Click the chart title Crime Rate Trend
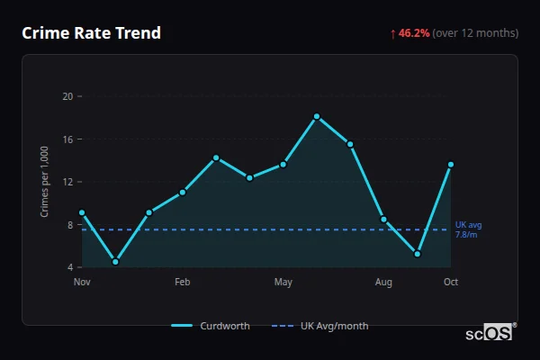91,33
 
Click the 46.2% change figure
414,33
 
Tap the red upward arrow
392,33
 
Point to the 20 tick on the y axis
67,96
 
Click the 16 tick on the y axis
67,139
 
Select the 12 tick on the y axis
67,182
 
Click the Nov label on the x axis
82,283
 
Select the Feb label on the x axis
183,283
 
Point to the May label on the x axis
283,283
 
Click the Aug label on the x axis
383,283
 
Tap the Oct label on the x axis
451,283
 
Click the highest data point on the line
317,116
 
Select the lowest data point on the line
115,262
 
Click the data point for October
451,165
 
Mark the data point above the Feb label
183,192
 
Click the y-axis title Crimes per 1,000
44,182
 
